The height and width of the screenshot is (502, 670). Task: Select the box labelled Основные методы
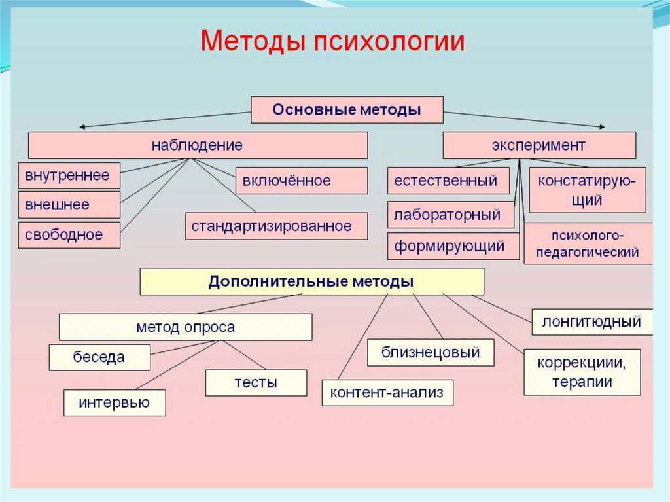pyautogui.click(x=347, y=110)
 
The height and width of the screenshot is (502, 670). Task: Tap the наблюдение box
pyautogui.click(x=197, y=145)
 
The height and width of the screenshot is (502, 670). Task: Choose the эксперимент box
pyautogui.click(x=538, y=145)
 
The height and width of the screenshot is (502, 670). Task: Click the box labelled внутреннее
pyautogui.click(x=69, y=175)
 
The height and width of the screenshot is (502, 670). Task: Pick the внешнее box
pyautogui.click(x=69, y=205)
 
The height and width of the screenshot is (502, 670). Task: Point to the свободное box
pyautogui.click(x=69, y=234)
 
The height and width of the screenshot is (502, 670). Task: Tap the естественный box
pyautogui.click(x=448, y=181)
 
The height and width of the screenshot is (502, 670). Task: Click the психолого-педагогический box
pyautogui.click(x=588, y=243)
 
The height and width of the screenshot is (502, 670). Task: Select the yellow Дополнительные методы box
pyautogui.click(x=311, y=281)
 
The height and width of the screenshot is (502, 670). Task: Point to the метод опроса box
pyautogui.click(x=185, y=327)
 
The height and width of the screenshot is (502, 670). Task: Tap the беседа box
pyautogui.click(x=99, y=357)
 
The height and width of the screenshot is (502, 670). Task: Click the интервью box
pyautogui.click(x=115, y=403)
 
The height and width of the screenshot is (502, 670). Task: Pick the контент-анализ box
pyautogui.click(x=387, y=393)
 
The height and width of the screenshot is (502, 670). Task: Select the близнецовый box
pyautogui.click(x=431, y=353)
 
